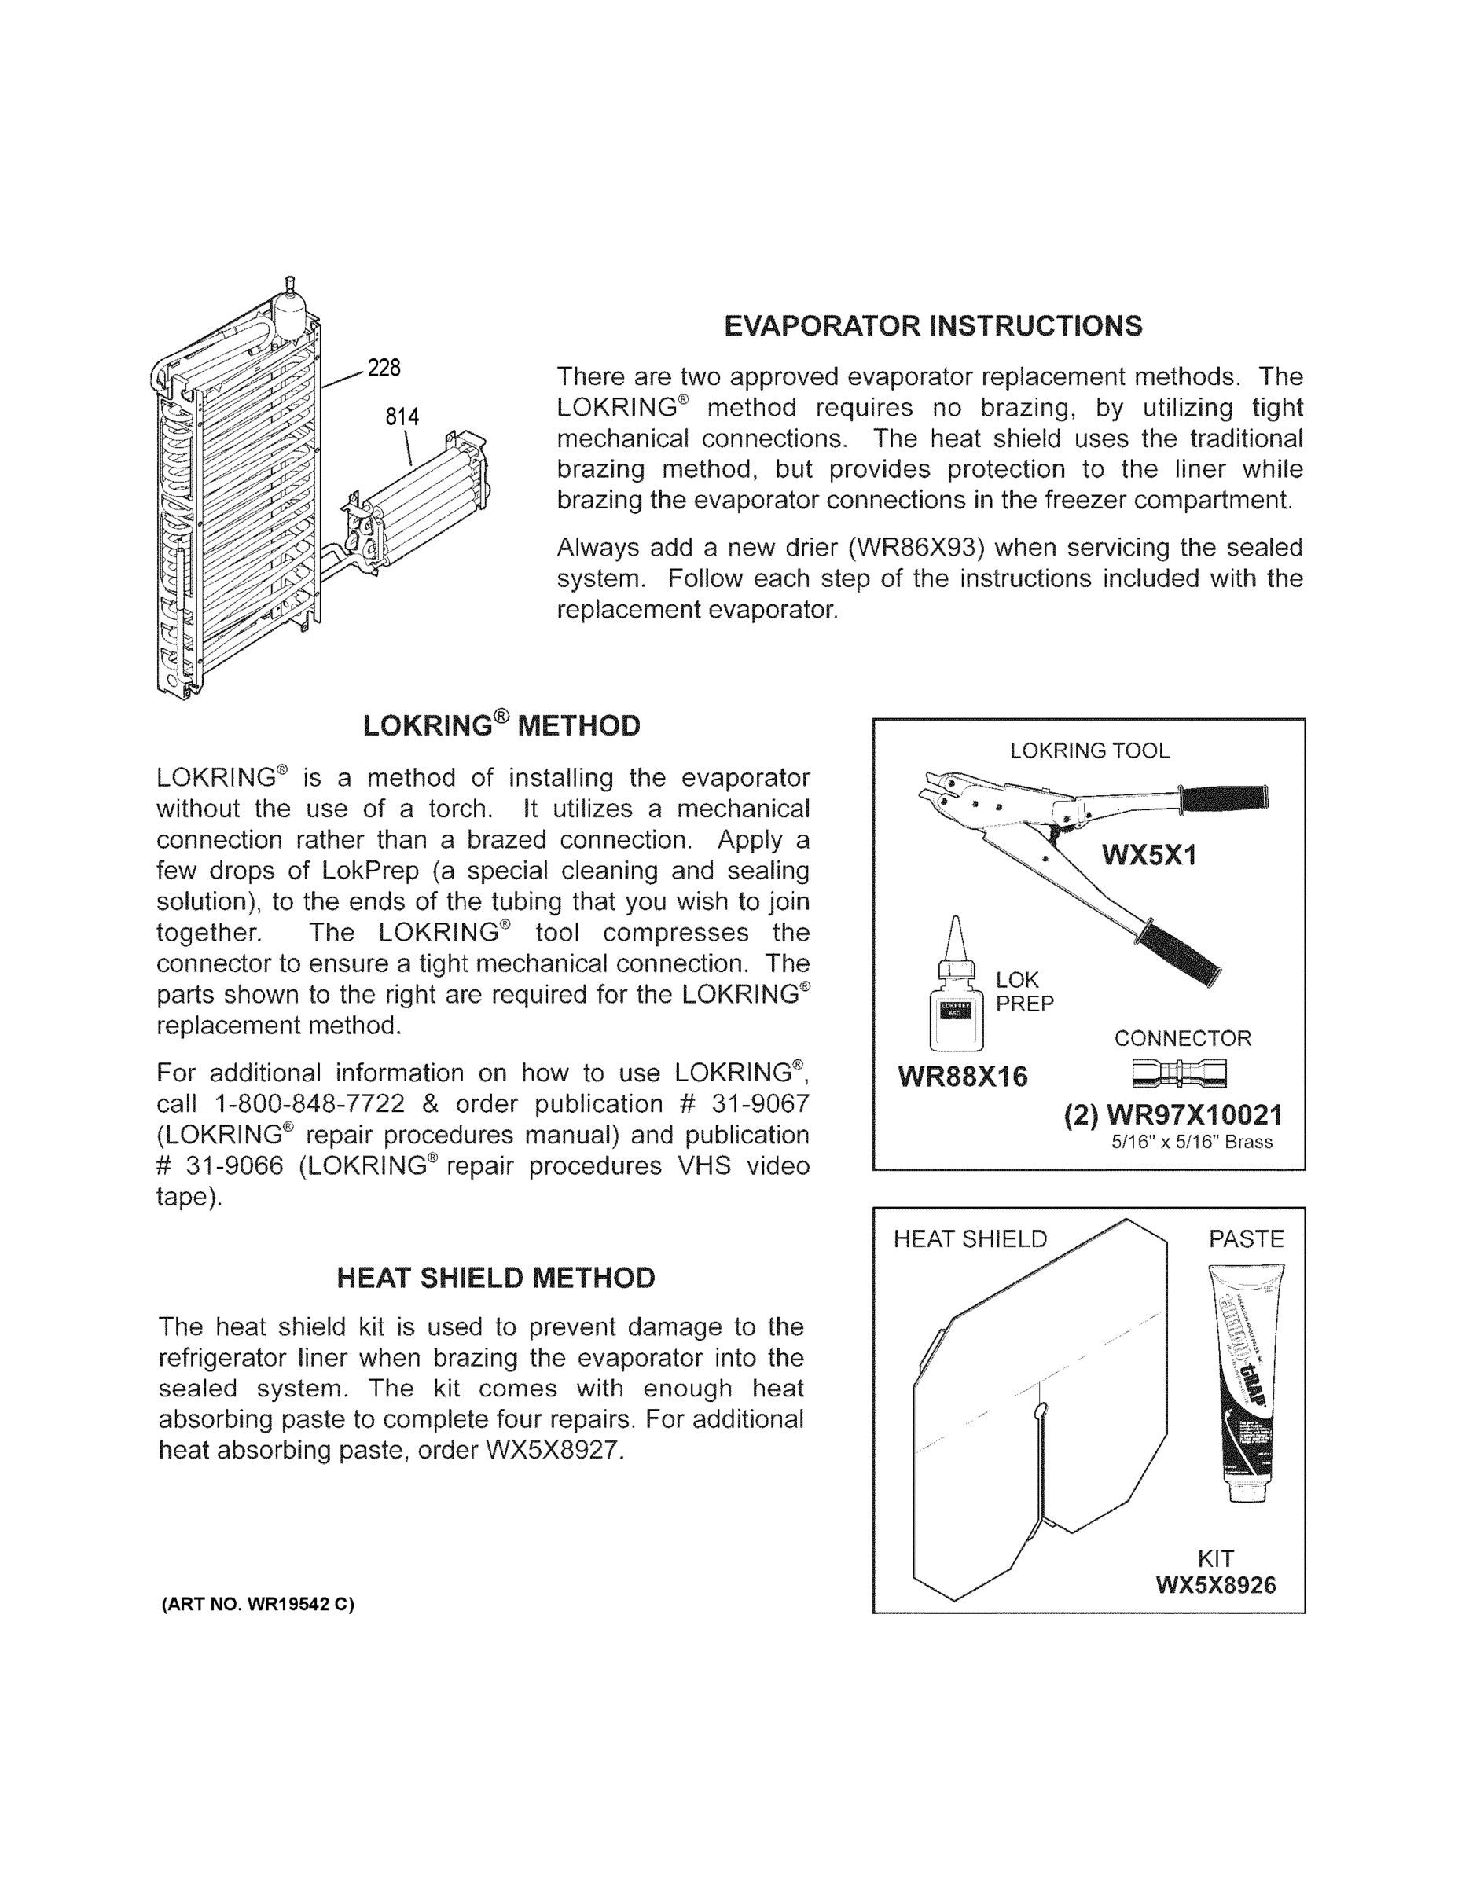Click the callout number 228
384,369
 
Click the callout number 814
402,417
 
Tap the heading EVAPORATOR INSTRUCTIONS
933,326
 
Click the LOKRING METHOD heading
501,725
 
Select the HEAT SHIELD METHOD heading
496,1278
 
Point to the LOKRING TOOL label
1089,750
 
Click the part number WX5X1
1149,856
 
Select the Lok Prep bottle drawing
955,993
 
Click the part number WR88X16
963,1077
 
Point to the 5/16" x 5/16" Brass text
1192,1143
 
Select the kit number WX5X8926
1216,1586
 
